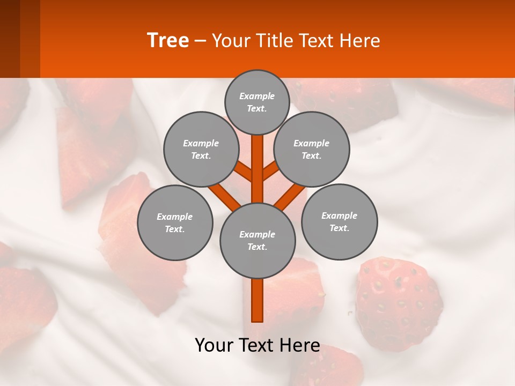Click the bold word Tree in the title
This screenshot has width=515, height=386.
click(x=168, y=41)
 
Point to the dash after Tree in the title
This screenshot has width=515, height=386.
click(x=200, y=41)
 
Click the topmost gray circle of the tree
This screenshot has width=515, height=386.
click(x=257, y=102)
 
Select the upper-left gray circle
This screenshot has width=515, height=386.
click(x=201, y=149)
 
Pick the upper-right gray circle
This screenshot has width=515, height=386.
click(x=312, y=149)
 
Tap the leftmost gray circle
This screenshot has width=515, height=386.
click(x=175, y=222)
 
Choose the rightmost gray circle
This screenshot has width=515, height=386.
click(x=340, y=221)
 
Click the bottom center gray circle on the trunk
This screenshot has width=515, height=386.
click(x=257, y=240)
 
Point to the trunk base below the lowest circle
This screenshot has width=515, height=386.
click(x=257, y=300)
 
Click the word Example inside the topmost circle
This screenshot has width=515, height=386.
click(x=257, y=96)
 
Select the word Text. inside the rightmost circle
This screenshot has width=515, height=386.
click(x=339, y=228)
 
